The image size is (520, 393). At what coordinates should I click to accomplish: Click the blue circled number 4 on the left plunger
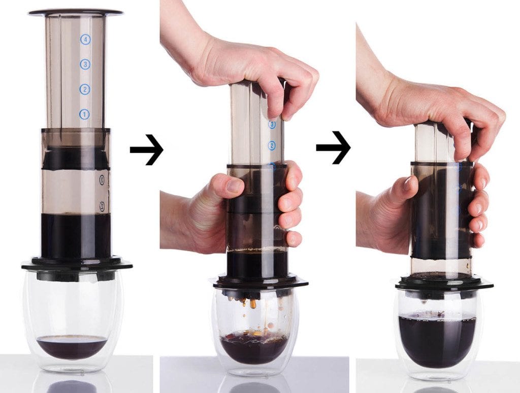click(x=85, y=40)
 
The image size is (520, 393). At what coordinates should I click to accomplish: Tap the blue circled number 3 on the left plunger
click(x=85, y=64)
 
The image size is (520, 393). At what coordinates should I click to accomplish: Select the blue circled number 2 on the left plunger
click(x=84, y=90)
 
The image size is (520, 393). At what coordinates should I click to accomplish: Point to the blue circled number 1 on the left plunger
click(x=84, y=115)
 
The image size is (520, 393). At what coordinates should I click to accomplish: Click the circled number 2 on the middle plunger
click(x=272, y=146)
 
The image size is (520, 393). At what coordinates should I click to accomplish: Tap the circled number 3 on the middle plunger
click(x=272, y=124)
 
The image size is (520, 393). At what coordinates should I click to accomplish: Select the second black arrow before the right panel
click(x=333, y=148)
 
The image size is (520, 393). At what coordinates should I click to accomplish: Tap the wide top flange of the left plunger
click(x=76, y=12)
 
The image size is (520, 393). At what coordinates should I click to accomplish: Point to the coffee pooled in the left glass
click(x=72, y=346)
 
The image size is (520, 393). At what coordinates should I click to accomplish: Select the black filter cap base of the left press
click(x=77, y=265)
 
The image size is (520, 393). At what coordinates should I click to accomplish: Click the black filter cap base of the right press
click(x=444, y=282)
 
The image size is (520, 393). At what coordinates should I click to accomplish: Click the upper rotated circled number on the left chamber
click(x=102, y=180)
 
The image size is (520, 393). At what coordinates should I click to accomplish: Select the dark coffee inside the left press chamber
click(x=76, y=236)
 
